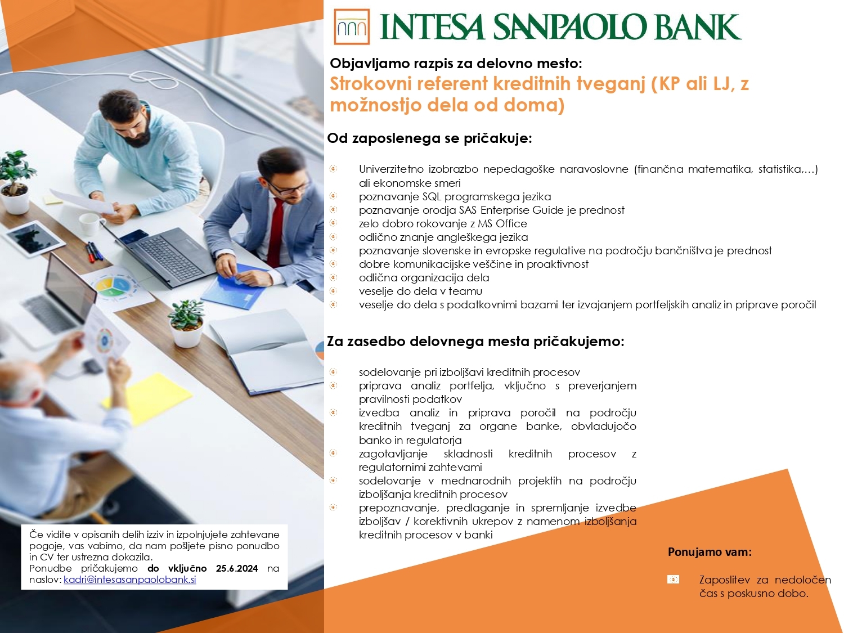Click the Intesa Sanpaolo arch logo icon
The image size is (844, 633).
tap(352, 27)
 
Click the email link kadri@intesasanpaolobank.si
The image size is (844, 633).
tap(129, 580)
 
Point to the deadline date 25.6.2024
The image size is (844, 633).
tap(237, 568)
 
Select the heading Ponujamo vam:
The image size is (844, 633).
tap(710, 552)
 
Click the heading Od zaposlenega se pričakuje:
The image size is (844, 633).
tap(429, 138)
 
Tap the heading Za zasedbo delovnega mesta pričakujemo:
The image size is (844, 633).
tap(475, 342)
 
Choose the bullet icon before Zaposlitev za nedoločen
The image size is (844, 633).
tap(673, 580)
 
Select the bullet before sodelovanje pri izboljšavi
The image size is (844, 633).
tap(333, 372)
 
